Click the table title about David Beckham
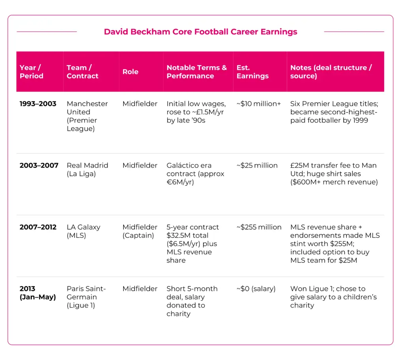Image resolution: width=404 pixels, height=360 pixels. pyautogui.click(x=200, y=32)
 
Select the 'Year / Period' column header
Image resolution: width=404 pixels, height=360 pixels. pyautogui.click(x=32, y=72)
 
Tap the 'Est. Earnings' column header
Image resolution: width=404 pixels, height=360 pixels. pyautogui.click(x=252, y=72)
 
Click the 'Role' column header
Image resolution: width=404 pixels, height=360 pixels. pyautogui.click(x=130, y=72)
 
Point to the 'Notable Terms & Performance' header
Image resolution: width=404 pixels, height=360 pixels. pyautogui.click(x=196, y=72)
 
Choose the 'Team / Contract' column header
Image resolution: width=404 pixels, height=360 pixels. pyautogui.click(x=83, y=72)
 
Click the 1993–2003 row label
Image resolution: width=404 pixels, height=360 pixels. pyautogui.click(x=38, y=104)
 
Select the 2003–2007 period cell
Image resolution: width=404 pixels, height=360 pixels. pyautogui.click(x=39, y=165)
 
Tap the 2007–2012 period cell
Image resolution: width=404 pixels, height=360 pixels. pyautogui.click(x=38, y=227)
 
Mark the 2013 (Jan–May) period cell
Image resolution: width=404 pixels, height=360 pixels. pyautogui.click(x=38, y=293)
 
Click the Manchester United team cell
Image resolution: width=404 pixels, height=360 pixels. pyautogui.click(x=87, y=116)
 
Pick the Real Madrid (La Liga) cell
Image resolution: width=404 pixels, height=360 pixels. pyautogui.click(x=87, y=170)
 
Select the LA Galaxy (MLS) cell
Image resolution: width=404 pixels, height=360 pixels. pyautogui.click(x=84, y=231)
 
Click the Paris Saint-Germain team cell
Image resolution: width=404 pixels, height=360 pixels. pyautogui.click(x=86, y=297)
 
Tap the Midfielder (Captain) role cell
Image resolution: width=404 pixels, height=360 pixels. pyautogui.click(x=140, y=231)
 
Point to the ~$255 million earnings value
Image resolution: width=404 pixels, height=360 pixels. pyautogui.click(x=259, y=227)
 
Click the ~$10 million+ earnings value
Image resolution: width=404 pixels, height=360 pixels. pyautogui.click(x=258, y=104)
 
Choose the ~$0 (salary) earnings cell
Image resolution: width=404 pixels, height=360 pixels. pyautogui.click(x=256, y=289)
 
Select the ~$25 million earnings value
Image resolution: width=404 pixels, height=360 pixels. pyautogui.click(x=257, y=165)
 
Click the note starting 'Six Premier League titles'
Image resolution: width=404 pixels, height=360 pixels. pyautogui.click(x=334, y=112)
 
